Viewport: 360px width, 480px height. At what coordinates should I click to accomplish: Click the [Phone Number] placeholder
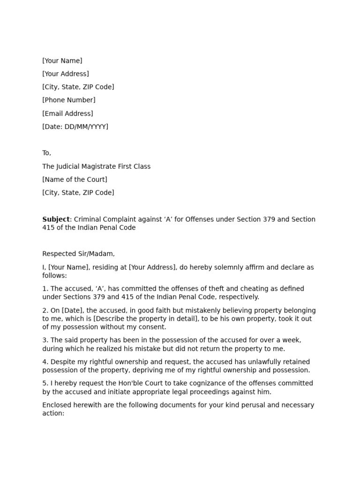coord(68,100)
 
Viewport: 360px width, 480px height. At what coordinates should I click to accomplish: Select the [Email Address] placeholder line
coord(67,113)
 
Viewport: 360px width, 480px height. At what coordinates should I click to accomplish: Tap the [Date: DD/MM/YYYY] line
coord(75,127)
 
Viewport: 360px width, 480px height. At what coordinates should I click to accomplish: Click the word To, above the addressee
coord(46,153)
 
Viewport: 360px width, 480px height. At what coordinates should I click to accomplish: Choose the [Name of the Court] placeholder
coord(75,180)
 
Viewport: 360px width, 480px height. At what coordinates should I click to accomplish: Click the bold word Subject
coord(56,219)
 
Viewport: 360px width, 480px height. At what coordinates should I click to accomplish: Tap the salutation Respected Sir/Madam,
coord(78,254)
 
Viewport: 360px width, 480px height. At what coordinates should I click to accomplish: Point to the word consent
coord(151,327)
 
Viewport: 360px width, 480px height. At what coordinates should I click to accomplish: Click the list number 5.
coord(45,383)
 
